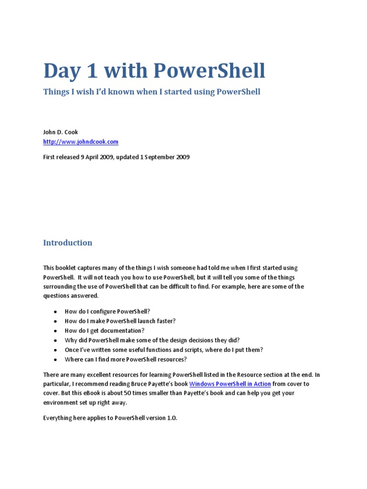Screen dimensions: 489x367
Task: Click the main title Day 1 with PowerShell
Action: coord(154,71)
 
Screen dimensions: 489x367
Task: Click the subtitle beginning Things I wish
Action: coord(151,92)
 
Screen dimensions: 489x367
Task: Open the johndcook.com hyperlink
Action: coord(81,142)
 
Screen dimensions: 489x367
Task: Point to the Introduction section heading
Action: coord(67,243)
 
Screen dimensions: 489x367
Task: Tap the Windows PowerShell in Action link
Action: coord(230,384)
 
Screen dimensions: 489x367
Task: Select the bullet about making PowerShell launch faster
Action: coord(120,321)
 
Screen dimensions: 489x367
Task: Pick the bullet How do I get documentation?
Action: coord(104,330)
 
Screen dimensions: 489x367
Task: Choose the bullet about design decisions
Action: coord(152,340)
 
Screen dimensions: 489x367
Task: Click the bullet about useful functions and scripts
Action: coord(163,350)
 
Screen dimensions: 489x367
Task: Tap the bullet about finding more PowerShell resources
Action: coord(126,359)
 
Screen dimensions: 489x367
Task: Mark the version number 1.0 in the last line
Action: coord(172,418)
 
